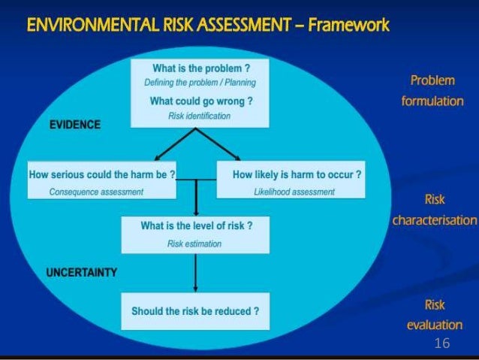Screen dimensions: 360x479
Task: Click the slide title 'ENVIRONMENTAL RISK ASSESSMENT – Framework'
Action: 208,26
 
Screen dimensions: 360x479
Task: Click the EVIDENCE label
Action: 75,125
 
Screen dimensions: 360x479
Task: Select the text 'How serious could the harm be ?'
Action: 101,174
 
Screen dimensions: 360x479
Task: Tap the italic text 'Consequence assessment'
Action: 96,192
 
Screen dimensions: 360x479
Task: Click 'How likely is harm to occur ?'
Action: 297,174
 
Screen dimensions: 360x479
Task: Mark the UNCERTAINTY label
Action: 83,273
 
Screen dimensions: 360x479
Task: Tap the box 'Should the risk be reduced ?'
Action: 195,310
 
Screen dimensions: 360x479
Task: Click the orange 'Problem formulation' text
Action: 432,90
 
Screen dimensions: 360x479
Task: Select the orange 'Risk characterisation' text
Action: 434,210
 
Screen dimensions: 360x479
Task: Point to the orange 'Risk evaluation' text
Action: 434,315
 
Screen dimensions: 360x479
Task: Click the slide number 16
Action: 441,343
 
